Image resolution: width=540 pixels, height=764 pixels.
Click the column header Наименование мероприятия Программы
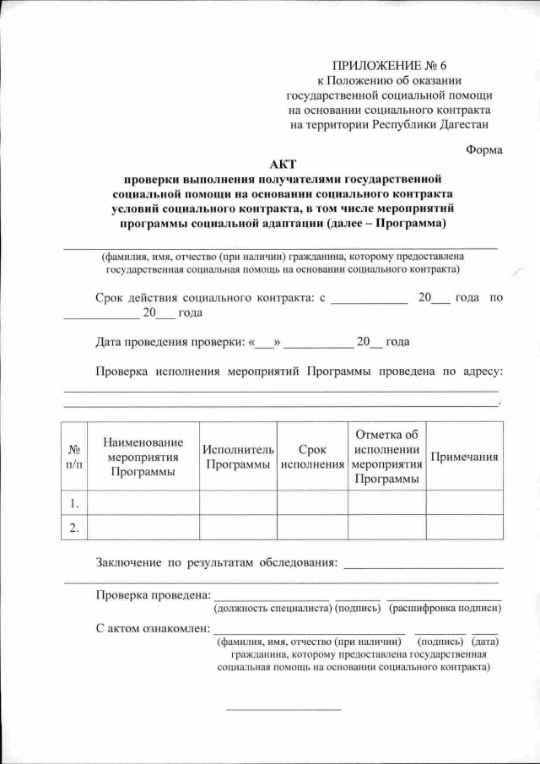pos(143,457)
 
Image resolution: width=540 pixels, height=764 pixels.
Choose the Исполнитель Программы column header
pos(239,457)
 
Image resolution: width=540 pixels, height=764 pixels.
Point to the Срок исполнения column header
pos(312,457)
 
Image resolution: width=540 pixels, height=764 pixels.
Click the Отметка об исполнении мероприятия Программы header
pos(386,457)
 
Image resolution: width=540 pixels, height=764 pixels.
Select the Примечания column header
pos(464,457)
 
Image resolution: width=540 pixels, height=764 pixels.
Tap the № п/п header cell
pos(75,457)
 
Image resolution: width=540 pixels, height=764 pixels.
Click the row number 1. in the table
pos(75,503)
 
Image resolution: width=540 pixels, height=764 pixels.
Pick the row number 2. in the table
pos(75,528)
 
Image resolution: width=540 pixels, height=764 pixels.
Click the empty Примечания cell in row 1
pos(464,503)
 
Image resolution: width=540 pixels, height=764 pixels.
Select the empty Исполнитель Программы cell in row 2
pos(239,528)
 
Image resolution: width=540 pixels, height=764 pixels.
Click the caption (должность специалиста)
pos(272,608)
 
